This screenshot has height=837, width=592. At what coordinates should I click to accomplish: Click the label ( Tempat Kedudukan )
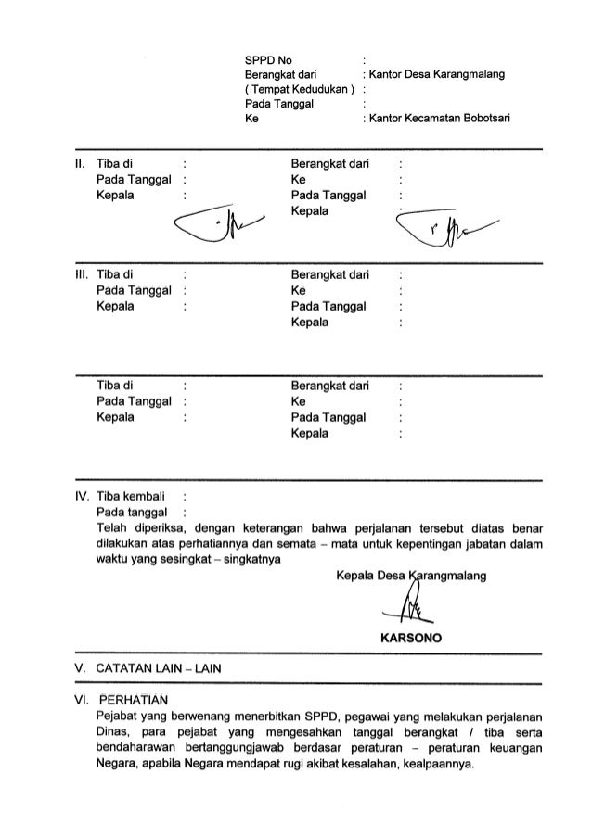[x=299, y=90]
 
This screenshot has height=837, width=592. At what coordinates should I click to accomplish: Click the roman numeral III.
[x=81, y=275]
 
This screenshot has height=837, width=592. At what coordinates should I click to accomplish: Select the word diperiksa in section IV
[x=163, y=527]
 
